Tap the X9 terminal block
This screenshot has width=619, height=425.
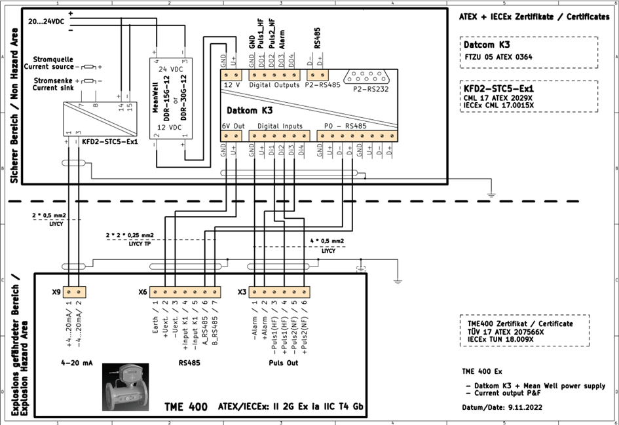pos(73,292)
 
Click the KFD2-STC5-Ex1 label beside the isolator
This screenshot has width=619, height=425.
pos(110,141)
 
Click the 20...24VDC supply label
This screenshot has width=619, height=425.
pos(46,22)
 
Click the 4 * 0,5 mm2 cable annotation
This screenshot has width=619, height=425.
pos(327,241)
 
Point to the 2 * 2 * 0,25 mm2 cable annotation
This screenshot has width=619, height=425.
pos(129,234)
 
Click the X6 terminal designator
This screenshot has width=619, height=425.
pos(143,292)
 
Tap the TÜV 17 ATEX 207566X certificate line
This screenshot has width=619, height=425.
pos(506,332)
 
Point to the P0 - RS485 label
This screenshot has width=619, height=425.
pos(345,125)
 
